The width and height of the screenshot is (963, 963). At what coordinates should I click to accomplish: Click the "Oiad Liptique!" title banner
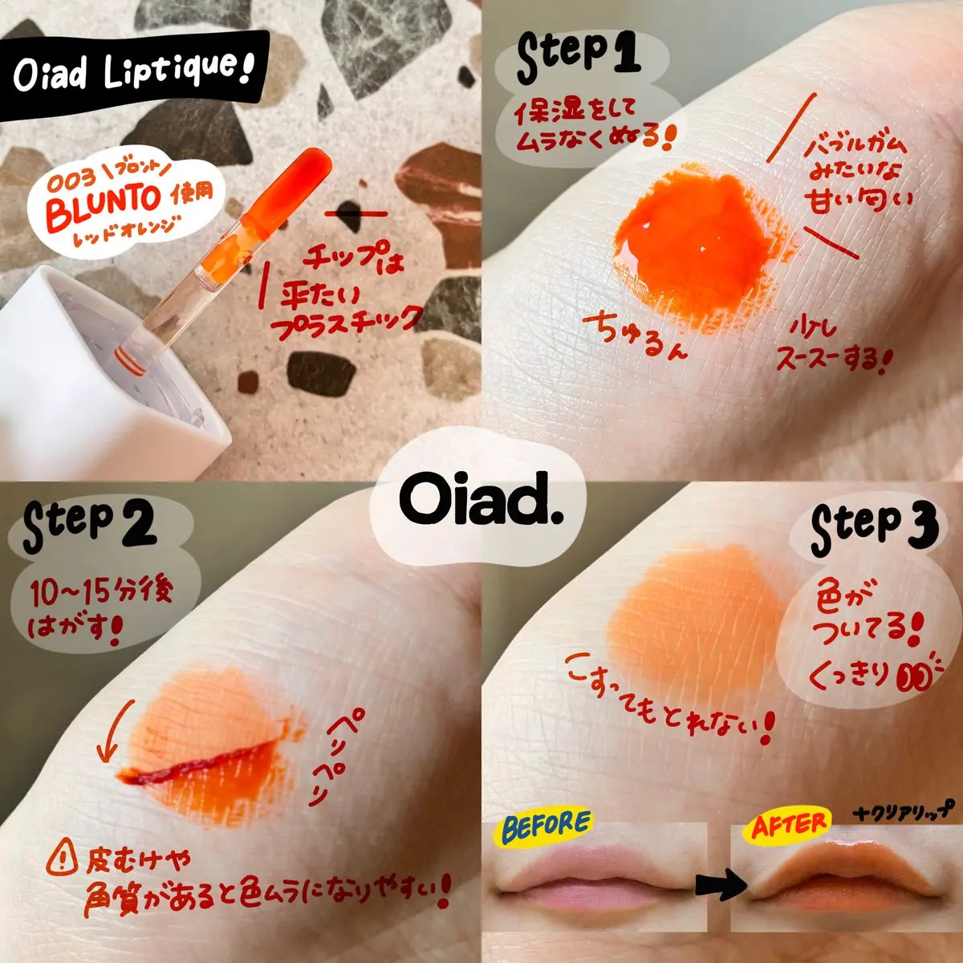tap(134, 75)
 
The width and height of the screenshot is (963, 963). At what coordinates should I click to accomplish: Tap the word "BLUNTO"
tap(103, 207)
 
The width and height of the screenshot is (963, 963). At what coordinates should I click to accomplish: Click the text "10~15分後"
tap(101, 593)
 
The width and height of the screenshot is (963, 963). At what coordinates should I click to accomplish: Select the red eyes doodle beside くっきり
tap(915, 677)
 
